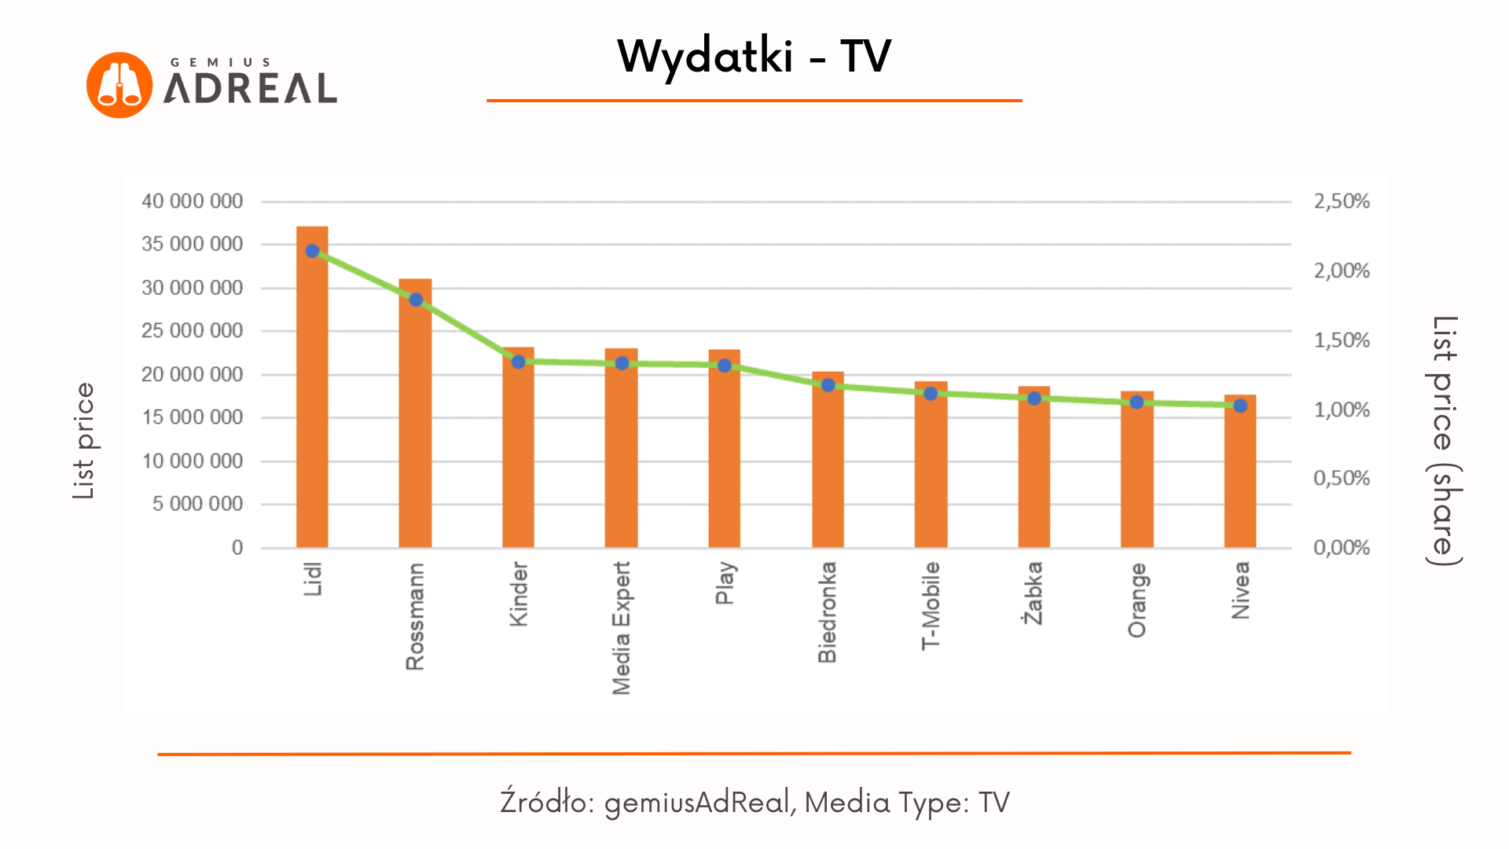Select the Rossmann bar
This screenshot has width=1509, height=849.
(415, 424)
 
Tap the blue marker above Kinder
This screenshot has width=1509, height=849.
(518, 362)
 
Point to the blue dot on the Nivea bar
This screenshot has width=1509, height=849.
(1240, 406)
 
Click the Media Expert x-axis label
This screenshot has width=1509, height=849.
(622, 627)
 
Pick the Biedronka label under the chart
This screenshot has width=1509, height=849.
(828, 612)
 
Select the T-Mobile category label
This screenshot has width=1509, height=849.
(931, 605)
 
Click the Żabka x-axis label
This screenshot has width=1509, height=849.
(1034, 593)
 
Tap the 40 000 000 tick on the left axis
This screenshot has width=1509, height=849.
(192, 201)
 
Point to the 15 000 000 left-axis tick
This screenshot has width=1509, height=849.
(192, 417)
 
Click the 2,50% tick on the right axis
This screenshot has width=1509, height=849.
(1342, 201)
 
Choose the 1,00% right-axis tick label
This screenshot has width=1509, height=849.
(1342, 410)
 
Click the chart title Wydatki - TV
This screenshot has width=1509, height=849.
(754, 57)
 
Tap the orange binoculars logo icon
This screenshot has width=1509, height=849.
(119, 85)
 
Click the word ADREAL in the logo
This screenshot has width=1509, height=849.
(250, 88)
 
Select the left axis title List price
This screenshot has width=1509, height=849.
(83, 440)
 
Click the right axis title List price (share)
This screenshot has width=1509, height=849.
(1445, 440)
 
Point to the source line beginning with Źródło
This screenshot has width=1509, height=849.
(754, 802)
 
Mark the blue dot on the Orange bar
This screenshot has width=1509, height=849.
(1136, 402)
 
